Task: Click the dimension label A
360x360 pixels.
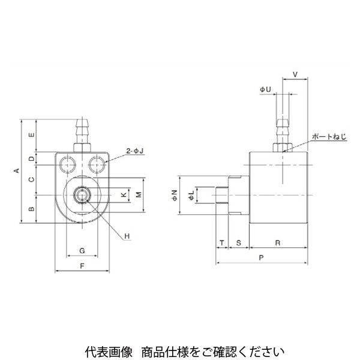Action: (x=17, y=172)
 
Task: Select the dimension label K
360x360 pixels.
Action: (x=124, y=195)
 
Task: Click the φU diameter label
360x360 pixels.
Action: (x=266, y=89)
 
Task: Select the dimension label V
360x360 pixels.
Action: (x=295, y=75)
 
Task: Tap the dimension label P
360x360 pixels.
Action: (x=262, y=257)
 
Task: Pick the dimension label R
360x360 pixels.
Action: (x=278, y=242)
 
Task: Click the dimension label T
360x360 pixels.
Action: (x=221, y=242)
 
